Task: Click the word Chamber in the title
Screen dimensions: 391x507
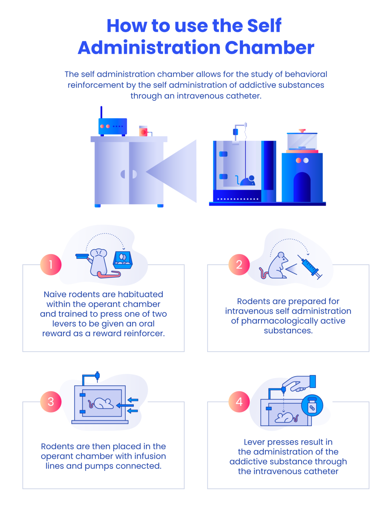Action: (269, 48)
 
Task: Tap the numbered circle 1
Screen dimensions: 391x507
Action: (51, 265)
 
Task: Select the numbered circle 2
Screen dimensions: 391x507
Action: (239, 265)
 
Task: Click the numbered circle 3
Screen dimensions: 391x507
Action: (51, 402)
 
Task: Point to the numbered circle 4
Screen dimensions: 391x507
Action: (239, 402)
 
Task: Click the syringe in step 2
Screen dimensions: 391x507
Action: (310, 267)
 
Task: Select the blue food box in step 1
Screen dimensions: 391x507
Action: (123, 260)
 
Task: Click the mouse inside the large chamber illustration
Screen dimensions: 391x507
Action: (247, 181)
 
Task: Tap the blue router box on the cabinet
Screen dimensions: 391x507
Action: (113, 127)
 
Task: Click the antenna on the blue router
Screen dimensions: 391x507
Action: (101, 112)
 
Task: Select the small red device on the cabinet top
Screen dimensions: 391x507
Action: (143, 131)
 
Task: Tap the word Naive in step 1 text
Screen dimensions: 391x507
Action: (55, 294)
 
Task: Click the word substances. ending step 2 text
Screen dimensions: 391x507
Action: (288, 331)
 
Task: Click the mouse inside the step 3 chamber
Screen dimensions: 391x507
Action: (101, 403)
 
